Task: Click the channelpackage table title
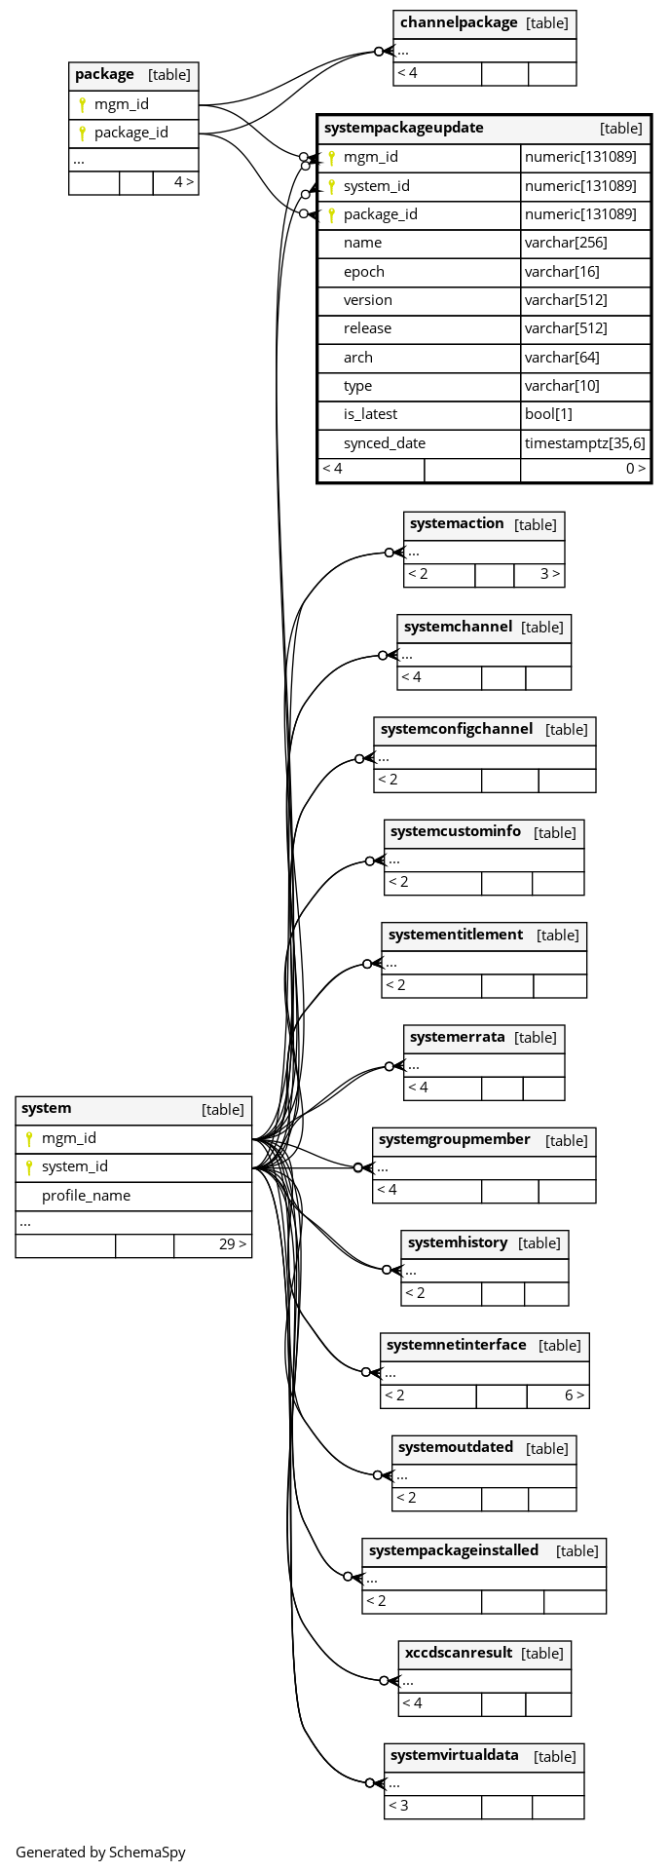[x=459, y=22]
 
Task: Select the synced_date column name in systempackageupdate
[x=385, y=443]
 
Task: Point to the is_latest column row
[x=484, y=414]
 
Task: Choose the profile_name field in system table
[x=86, y=1196]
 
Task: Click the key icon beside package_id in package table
[x=83, y=133]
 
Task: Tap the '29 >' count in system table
[x=233, y=1244]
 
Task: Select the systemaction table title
[x=457, y=523]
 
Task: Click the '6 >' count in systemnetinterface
[x=575, y=1395]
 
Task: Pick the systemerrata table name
[x=458, y=1037]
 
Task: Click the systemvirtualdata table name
[x=455, y=1756]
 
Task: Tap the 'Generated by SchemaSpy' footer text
[x=100, y=1853]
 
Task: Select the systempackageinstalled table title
[x=454, y=1550]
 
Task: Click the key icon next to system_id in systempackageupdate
[x=331, y=186]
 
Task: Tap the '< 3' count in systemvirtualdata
[x=398, y=1806]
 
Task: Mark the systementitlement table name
[x=456, y=935]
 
